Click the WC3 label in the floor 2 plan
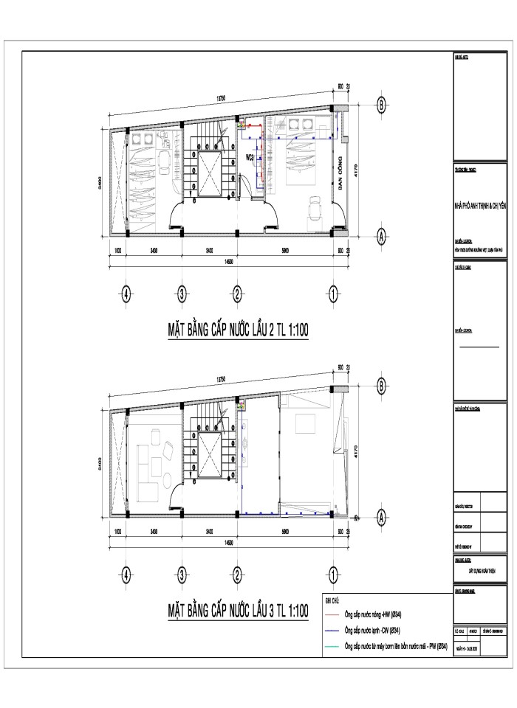[x=250, y=158]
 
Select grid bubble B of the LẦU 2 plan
[x=381, y=104]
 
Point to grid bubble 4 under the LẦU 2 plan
[x=127, y=294]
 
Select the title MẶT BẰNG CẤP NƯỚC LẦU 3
[x=237, y=611]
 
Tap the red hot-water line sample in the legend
[x=334, y=614]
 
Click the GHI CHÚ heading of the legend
[x=332, y=600]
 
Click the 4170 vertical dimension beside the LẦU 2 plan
[x=357, y=173]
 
